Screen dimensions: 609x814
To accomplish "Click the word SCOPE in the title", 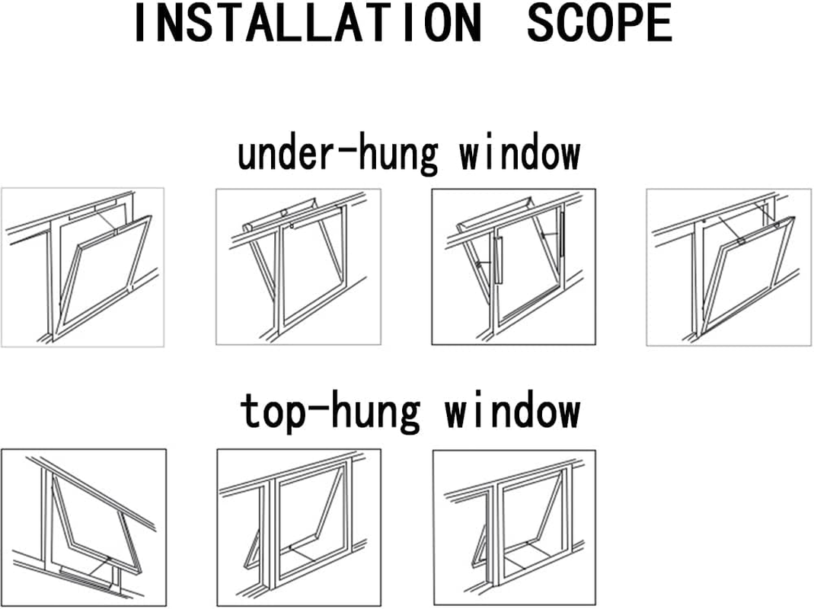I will [x=600, y=24].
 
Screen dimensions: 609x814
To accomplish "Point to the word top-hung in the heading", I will [x=330, y=411].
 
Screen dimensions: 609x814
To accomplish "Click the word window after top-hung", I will [x=512, y=411].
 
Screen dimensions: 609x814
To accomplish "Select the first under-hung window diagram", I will [x=83, y=267].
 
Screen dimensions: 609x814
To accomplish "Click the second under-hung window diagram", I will [x=298, y=267].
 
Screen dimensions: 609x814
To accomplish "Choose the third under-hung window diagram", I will [x=514, y=267].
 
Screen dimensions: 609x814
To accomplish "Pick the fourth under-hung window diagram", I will [x=729, y=267].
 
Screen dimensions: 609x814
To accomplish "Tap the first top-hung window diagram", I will [x=84, y=527].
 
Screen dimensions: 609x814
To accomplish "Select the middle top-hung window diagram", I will [x=298, y=527].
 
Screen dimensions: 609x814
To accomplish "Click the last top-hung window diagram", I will [x=514, y=527].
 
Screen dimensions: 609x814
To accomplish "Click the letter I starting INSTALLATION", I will [x=139, y=24].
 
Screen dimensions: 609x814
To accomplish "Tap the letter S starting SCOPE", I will [x=540, y=24].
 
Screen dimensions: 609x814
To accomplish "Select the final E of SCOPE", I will [x=660, y=24].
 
